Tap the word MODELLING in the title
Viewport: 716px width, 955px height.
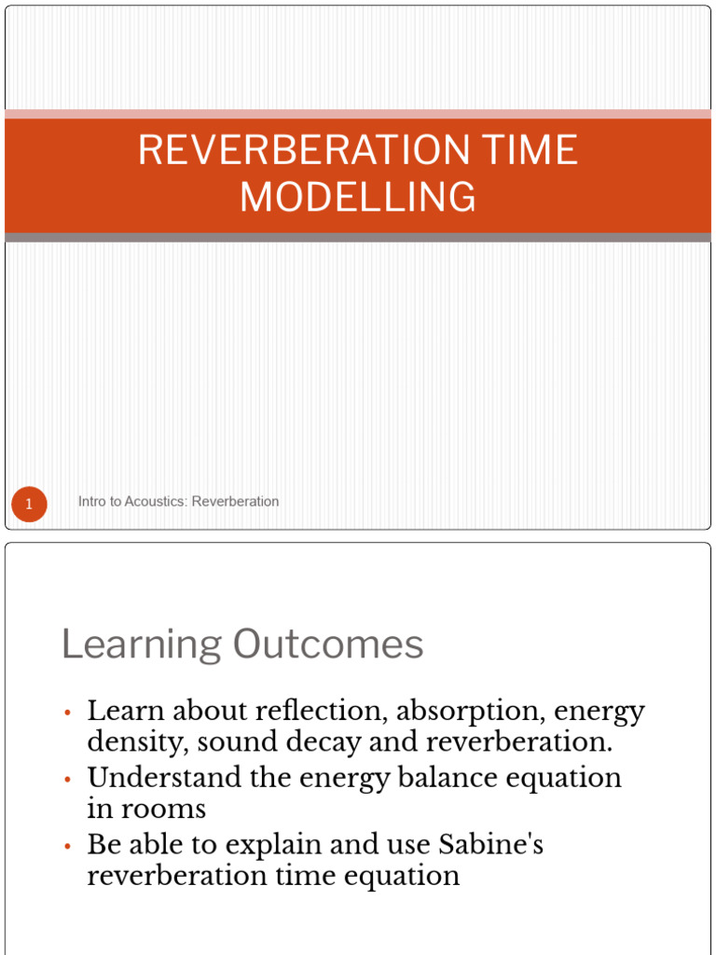[x=358, y=197]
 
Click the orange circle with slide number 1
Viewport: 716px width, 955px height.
[x=29, y=505]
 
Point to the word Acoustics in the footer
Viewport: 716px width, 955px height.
[x=150, y=501]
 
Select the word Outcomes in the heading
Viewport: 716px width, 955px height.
[x=328, y=644]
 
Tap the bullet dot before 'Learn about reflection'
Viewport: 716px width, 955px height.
[x=67, y=713]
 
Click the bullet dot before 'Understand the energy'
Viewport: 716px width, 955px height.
[x=67, y=780]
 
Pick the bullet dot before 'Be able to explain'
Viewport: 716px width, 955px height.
[x=67, y=847]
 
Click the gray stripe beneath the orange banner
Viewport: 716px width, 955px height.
[x=358, y=238]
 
